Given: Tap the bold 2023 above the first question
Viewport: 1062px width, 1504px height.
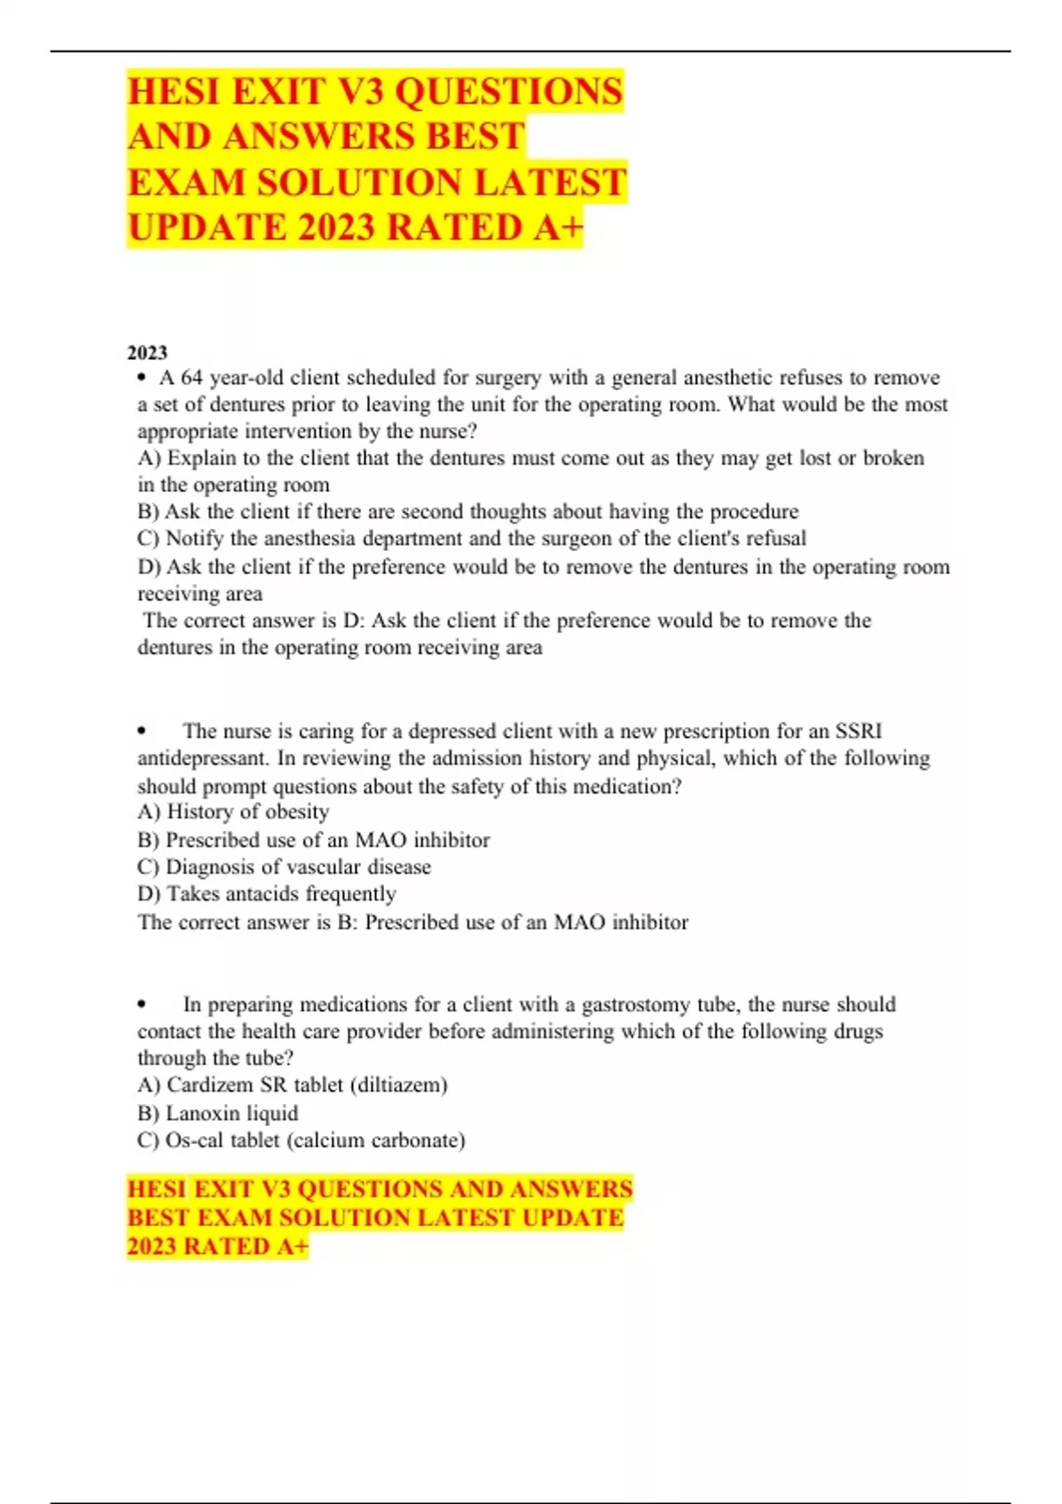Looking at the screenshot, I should (147, 353).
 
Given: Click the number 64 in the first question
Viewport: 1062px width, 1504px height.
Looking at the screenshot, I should (192, 378).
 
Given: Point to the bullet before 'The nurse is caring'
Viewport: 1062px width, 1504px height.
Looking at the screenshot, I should (142, 732).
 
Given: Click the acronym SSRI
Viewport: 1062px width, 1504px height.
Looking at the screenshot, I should (858, 732).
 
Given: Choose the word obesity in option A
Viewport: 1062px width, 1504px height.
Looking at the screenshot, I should (296, 812).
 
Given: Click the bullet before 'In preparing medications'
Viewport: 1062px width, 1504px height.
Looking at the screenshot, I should (142, 1005).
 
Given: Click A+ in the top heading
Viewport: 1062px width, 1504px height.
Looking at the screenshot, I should (558, 228).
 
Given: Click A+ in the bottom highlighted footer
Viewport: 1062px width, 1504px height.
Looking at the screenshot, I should (293, 1247).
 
